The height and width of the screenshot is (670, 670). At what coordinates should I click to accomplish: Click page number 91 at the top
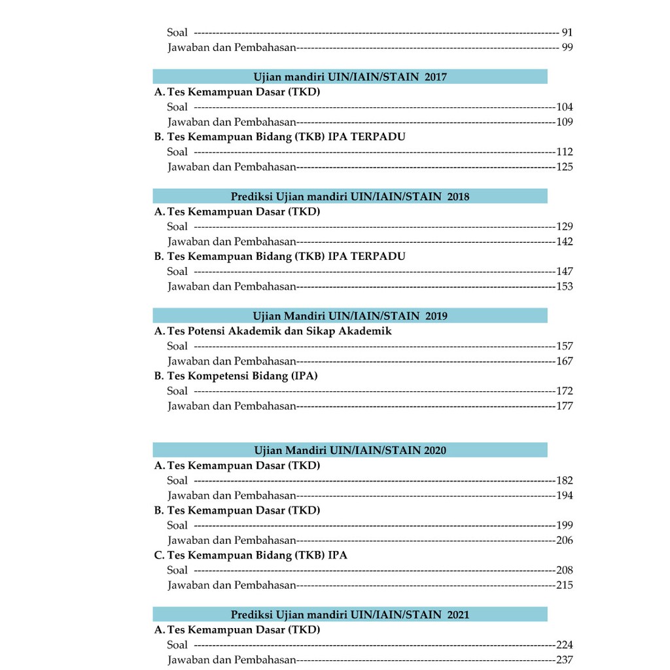(567, 32)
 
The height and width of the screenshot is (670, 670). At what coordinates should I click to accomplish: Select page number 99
(567, 47)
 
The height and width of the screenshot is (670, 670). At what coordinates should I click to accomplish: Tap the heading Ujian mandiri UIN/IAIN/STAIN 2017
(350, 77)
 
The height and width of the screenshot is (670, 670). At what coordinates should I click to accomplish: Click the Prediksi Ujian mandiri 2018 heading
(350, 196)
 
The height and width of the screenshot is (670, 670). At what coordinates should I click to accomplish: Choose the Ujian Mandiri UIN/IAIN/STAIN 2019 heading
(350, 316)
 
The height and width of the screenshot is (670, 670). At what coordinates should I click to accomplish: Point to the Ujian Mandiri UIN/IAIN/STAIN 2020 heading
(350, 450)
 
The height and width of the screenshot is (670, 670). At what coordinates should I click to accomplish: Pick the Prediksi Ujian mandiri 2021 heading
(350, 614)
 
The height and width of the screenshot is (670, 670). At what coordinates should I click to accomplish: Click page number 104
(564, 107)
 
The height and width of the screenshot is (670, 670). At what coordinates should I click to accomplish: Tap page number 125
(564, 167)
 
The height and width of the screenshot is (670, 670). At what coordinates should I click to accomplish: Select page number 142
(564, 241)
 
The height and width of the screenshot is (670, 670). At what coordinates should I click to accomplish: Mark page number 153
(564, 286)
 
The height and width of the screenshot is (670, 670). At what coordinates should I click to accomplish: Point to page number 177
(564, 406)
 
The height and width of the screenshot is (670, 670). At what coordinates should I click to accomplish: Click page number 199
(564, 525)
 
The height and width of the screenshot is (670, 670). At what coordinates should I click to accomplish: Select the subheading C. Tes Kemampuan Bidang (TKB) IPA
(251, 555)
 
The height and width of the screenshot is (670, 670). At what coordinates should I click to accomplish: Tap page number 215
(564, 585)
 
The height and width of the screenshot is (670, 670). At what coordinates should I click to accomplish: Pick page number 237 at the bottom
(564, 660)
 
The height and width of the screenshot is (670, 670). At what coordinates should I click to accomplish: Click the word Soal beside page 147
(177, 271)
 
